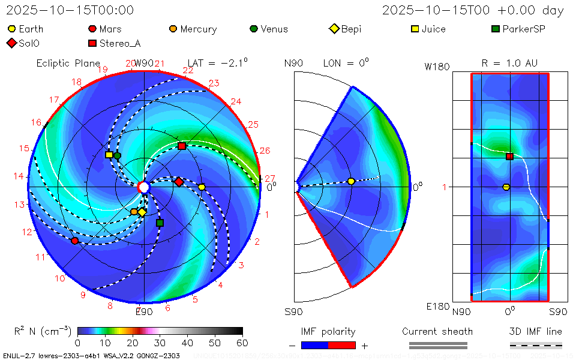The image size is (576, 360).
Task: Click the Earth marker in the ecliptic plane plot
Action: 202,187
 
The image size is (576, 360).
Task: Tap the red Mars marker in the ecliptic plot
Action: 74,241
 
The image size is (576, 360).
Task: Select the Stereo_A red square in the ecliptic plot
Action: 182,146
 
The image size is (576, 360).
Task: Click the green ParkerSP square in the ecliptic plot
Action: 160,223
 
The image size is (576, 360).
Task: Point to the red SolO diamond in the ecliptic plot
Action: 178,181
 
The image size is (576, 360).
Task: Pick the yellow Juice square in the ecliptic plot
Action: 109,155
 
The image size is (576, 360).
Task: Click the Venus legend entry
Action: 269,29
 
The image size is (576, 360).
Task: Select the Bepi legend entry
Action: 346,29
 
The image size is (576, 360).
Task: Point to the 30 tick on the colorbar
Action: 160,343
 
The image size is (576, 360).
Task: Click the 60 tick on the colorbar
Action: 242,343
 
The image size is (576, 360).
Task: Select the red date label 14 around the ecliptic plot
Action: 19,176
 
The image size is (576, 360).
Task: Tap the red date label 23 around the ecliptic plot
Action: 213,83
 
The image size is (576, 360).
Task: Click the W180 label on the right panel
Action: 437,67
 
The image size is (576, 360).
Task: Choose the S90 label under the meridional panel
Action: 293,311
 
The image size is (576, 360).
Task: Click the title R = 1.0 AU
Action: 509,63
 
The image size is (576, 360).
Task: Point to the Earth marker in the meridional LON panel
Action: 351,181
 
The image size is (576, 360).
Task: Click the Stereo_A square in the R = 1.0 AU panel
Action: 509,157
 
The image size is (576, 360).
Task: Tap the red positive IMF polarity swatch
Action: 342,345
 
